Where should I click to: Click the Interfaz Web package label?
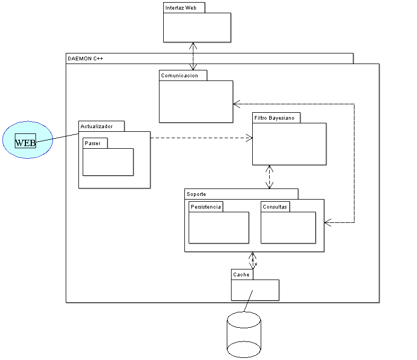pos(180,7)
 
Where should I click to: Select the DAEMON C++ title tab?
pos(86,58)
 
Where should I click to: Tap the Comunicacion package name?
pos(180,75)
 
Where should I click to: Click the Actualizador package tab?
pos(96,126)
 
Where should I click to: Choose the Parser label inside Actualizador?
pos(93,143)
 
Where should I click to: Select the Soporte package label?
pos(197,194)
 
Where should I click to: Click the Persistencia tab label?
pos(206,206)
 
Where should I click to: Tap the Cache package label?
pos(241,274)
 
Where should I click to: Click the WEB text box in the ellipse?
pos(25,142)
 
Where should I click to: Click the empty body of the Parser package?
pos(108,161)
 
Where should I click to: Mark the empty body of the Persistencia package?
pos(219,227)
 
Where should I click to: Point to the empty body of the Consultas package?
pos(288,227)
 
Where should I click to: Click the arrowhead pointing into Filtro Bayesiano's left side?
pos(249,138)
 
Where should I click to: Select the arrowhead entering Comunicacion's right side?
pos(237,104)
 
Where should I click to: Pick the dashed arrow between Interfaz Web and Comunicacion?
pos(193,56)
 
